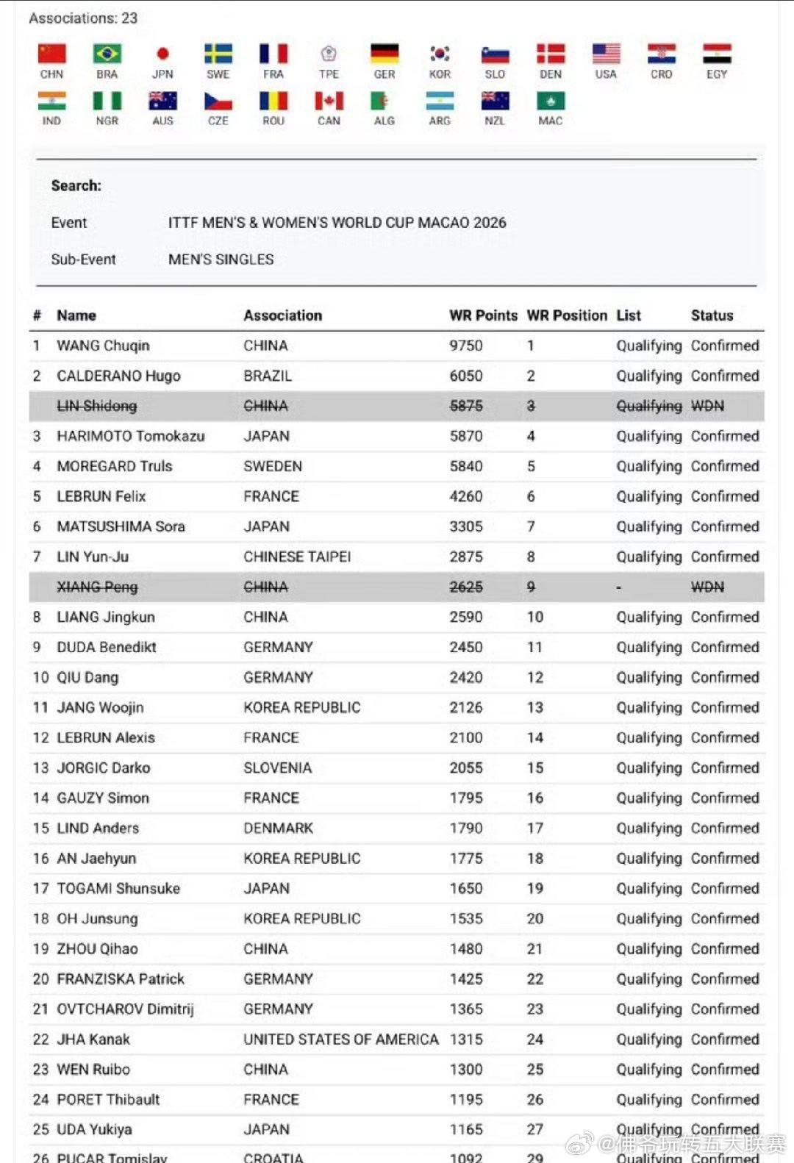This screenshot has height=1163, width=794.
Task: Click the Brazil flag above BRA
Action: pyautogui.click(x=107, y=54)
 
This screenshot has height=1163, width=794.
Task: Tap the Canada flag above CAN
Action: pyautogui.click(x=329, y=101)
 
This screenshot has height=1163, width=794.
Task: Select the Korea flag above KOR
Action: pyautogui.click(x=440, y=54)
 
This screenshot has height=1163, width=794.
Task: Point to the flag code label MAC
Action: pyautogui.click(x=550, y=121)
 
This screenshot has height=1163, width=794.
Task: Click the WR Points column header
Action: pyautogui.click(x=483, y=315)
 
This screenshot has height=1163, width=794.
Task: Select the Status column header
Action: pyautogui.click(x=712, y=315)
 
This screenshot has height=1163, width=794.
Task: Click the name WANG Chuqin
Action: pyautogui.click(x=103, y=346)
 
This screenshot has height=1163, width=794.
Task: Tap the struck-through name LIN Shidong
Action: pyautogui.click(x=97, y=406)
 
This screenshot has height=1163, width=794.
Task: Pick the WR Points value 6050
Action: pyautogui.click(x=466, y=376)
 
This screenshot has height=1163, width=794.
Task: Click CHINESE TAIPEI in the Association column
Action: pyautogui.click(x=297, y=557)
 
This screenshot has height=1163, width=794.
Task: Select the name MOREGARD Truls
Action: pyautogui.click(x=115, y=466)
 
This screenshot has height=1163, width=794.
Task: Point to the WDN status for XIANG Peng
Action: pyautogui.click(x=707, y=587)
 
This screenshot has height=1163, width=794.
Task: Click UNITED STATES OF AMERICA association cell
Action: pyautogui.click(x=340, y=1039)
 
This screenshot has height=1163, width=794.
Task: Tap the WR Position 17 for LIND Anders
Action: pyautogui.click(x=534, y=828)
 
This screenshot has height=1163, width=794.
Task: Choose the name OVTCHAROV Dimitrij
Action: pyautogui.click(x=125, y=1009)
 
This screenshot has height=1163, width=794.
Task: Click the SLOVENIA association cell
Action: pyautogui.click(x=278, y=767)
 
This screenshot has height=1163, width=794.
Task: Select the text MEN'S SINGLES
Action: pyautogui.click(x=221, y=260)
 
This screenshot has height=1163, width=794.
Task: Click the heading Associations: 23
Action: pyautogui.click(x=83, y=18)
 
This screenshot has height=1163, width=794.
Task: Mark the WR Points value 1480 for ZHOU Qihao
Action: pyautogui.click(x=466, y=948)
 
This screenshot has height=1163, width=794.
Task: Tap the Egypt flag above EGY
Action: pyautogui.click(x=717, y=54)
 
